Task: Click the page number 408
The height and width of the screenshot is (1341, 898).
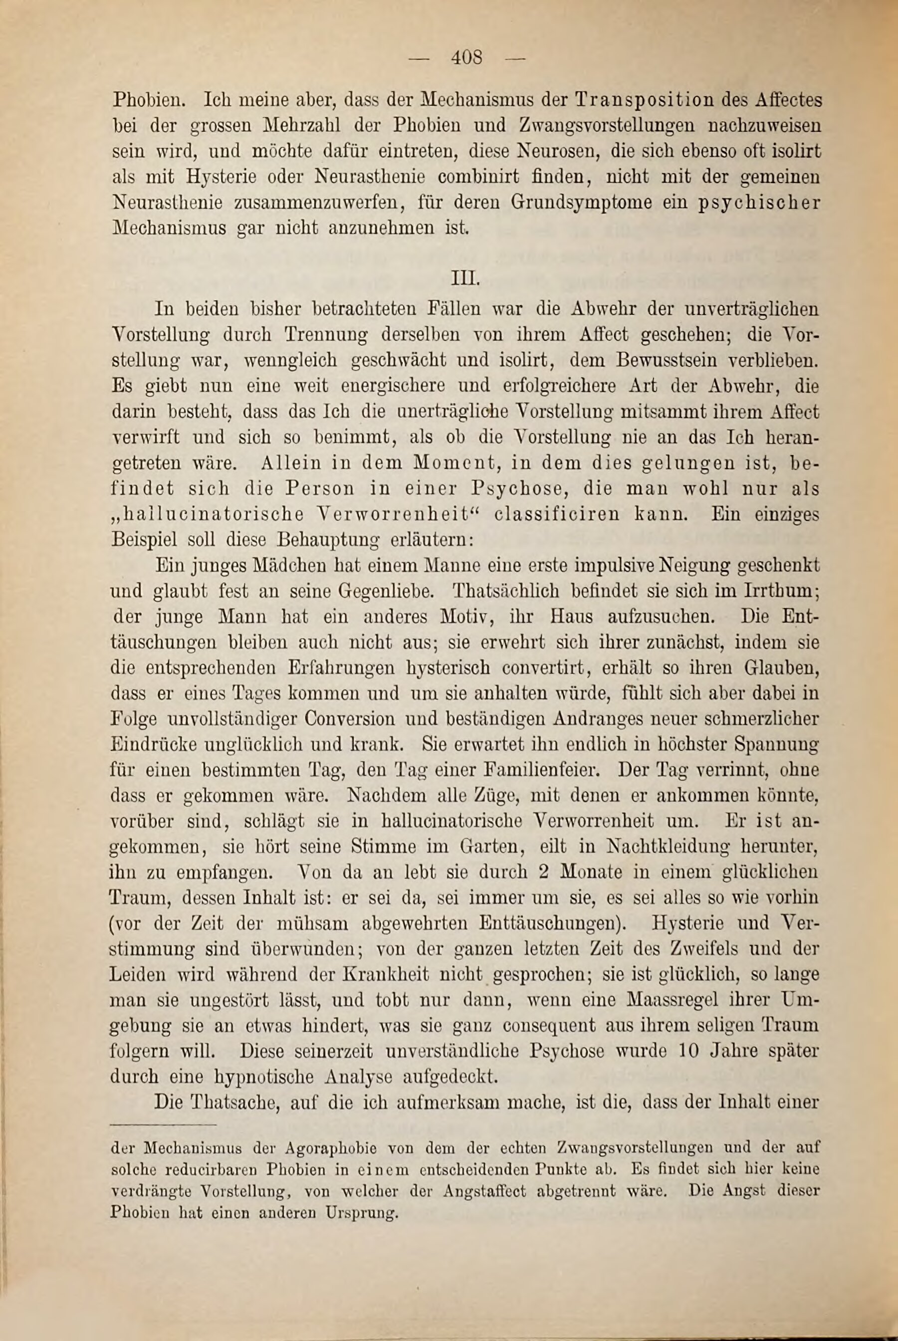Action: [467, 58]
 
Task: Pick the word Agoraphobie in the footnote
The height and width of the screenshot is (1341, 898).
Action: [331, 1147]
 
